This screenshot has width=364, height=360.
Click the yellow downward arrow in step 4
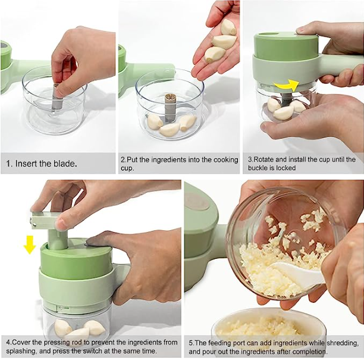pyautogui.click(x=29, y=243)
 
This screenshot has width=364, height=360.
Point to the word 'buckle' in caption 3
pyautogui.click(x=259, y=168)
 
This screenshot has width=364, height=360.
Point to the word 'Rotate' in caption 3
pyautogui.click(x=265, y=159)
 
